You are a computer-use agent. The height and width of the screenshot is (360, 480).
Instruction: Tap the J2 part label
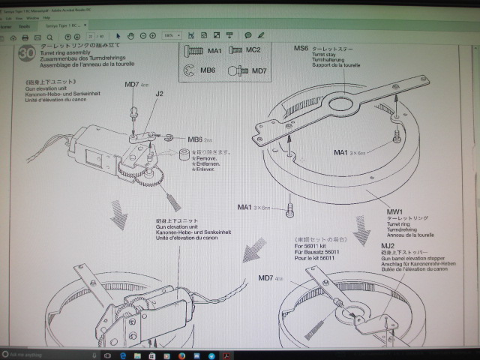[160, 95]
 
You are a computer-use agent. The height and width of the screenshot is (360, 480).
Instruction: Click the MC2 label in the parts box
[253, 49]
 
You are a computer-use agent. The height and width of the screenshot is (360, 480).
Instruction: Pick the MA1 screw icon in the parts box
[193, 50]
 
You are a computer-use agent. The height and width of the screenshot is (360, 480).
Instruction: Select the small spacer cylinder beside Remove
[181, 155]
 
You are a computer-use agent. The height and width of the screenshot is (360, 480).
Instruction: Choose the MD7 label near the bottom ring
[265, 277]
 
